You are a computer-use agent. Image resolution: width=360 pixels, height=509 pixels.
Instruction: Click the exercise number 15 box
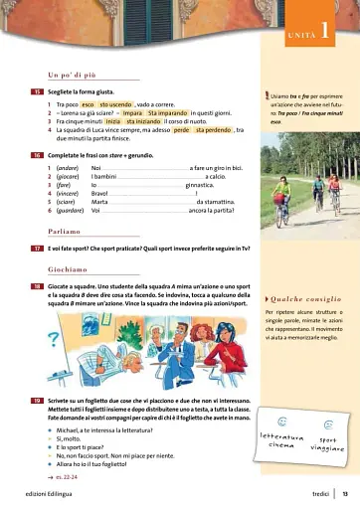coord(36,91)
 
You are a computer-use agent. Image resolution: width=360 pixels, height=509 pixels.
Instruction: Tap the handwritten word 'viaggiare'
coord(327,447)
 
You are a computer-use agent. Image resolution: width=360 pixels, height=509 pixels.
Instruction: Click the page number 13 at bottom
coord(344,495)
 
